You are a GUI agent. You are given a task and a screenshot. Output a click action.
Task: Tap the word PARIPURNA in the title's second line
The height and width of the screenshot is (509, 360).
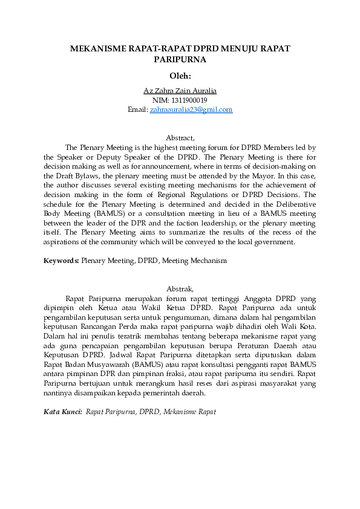(180, 60)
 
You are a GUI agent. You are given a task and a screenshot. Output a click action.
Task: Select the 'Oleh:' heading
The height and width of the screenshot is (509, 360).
(180, 76)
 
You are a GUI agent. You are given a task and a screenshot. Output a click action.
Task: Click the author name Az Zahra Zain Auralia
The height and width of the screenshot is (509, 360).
(180, 91)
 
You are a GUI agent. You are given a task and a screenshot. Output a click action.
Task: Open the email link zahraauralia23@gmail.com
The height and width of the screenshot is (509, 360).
(191, 109)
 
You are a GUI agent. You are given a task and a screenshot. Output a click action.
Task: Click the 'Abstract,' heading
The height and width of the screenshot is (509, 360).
(180, 138)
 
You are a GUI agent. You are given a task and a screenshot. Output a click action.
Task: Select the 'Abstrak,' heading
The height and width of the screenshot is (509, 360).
(180, 289)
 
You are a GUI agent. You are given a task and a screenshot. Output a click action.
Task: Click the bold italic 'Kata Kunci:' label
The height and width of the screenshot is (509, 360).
(63, 412)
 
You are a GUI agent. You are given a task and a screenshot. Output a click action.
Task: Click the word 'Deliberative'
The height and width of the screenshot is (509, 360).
(295, 204)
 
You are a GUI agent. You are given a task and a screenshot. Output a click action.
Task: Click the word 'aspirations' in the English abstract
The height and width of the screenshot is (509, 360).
(61, 242)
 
